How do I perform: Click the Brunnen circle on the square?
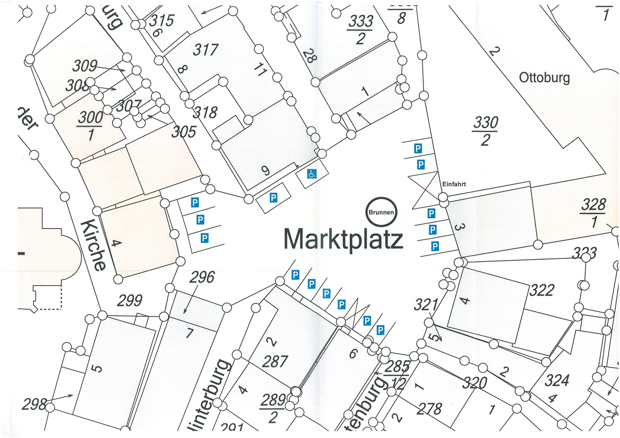pyautogui.click(x=381, y=212)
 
